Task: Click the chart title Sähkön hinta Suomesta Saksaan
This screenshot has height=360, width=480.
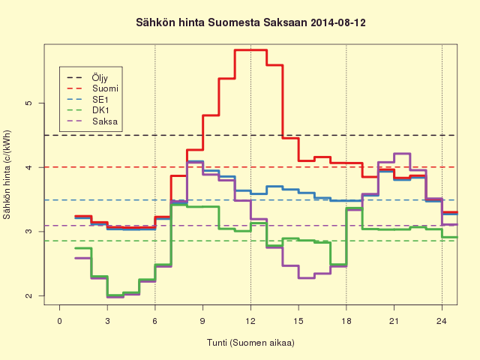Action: click(x=221, y=22)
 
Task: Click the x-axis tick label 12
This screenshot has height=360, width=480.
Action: click(x=250, y=321)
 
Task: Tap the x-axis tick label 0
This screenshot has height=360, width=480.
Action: click(x=60, y=321)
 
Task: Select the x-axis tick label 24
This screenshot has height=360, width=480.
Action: click(x=442, y=321)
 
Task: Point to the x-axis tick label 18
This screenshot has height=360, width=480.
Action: click(x=346, y=321)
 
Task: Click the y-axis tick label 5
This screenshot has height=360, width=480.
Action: click(x=28, y=103)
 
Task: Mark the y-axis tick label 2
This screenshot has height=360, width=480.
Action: click(x=28, y=295)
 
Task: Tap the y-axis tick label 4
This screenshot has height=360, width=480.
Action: click(x=28, y=167)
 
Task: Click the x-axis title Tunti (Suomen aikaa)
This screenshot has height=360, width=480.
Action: click(x=250, y=343)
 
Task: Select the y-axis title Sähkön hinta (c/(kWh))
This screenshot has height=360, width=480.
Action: click(x=7, y=175)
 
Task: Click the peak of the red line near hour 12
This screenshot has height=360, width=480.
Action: click(x=251, y=50)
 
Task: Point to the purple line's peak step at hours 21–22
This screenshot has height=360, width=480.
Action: click(x=402, y=153)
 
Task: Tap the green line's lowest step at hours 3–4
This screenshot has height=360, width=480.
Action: click(x=115, y=295)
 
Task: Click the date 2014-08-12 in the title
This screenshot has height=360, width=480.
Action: click(x=338, y=22)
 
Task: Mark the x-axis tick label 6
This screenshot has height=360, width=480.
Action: click(x=155, y=321)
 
